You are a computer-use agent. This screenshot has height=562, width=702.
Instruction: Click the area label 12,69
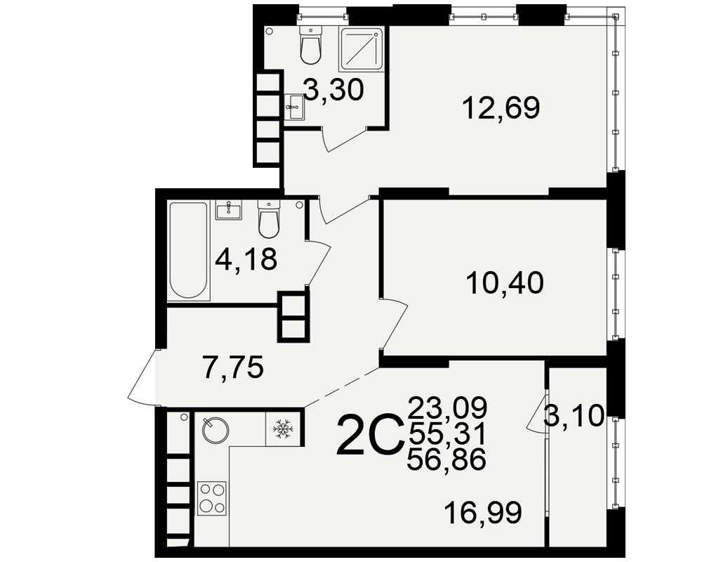pyautogui.click(x=501, y=108)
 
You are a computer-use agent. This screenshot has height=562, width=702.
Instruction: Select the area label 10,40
pyautogui.click(x=505, y=283)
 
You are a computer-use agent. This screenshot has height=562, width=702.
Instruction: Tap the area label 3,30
pyautogui.click(x=333, y=90)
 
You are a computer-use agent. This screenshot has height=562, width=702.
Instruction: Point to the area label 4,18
pyautogui.click(x=246, y=259)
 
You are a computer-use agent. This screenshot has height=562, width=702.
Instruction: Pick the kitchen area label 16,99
pyautogui.click(x=483, y=512)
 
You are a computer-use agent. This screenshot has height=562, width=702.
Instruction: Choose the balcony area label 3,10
pyautogui.click(x=574, y=416)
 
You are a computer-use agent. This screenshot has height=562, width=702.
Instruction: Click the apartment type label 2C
pyautogui.click(x=369, y=435)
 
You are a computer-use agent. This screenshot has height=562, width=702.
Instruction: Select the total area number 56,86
pyautogui.click(x=446, y=459)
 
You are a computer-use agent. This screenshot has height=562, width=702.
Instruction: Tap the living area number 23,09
pyautogui.click(x=447, y=407)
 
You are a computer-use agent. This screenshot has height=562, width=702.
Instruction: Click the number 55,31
pyautogui.click(x=447, y=433)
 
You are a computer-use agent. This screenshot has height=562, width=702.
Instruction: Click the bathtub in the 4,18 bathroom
pyautogui.click(x=188, y=251)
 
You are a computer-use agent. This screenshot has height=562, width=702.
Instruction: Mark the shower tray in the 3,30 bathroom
pyautogui.click(x=362, y=49)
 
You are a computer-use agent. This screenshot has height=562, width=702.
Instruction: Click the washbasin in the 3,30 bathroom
pyautogui.click(x=295, y=107)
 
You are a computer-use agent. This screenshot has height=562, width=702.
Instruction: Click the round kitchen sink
pyautogui.click(x=216, y=430)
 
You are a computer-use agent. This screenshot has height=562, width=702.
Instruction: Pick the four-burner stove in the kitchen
pyautogui.click(x=212, y=498)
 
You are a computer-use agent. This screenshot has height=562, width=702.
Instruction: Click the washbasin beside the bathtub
pyautogui.click(x=229, y=210)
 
